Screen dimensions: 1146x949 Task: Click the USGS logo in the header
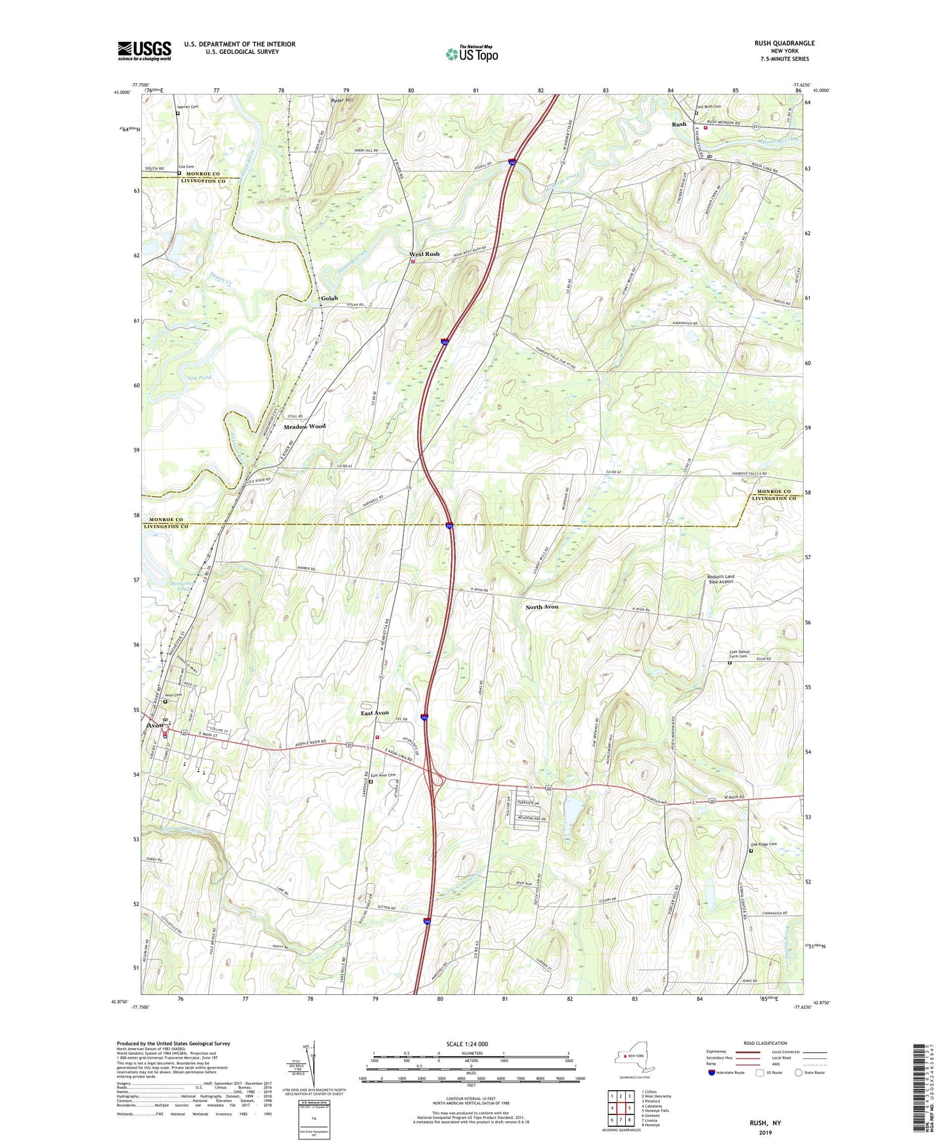[x=144, y=51]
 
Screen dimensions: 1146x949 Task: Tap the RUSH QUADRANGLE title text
[x=784, y=43]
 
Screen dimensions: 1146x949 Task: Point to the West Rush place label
[x=424, y=254]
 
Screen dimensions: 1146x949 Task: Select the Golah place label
[x=329, y=298]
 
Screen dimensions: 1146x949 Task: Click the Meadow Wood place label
[x=304, y=427]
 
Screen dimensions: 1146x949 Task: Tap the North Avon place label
[x=542, y=607]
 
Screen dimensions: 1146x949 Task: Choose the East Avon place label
[x=374, y=713]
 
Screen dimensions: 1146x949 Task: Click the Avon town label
[x=154, y=725]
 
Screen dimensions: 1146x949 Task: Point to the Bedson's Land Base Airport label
[x=720, y=579]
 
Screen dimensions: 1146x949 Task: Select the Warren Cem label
[x=187, y=106]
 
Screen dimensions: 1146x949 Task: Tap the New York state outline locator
[x=630, y=1057]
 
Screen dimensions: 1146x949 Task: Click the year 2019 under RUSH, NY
[x=765, y=1133]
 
